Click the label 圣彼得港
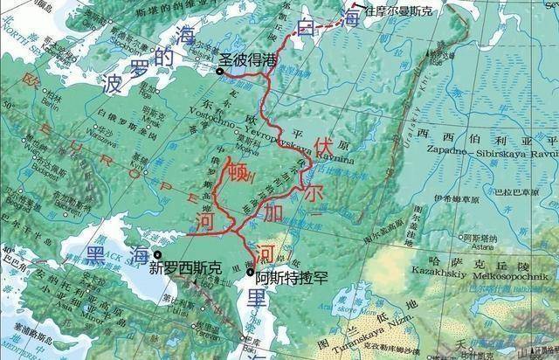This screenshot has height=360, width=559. pyautogui.click(x=246, y=60)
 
